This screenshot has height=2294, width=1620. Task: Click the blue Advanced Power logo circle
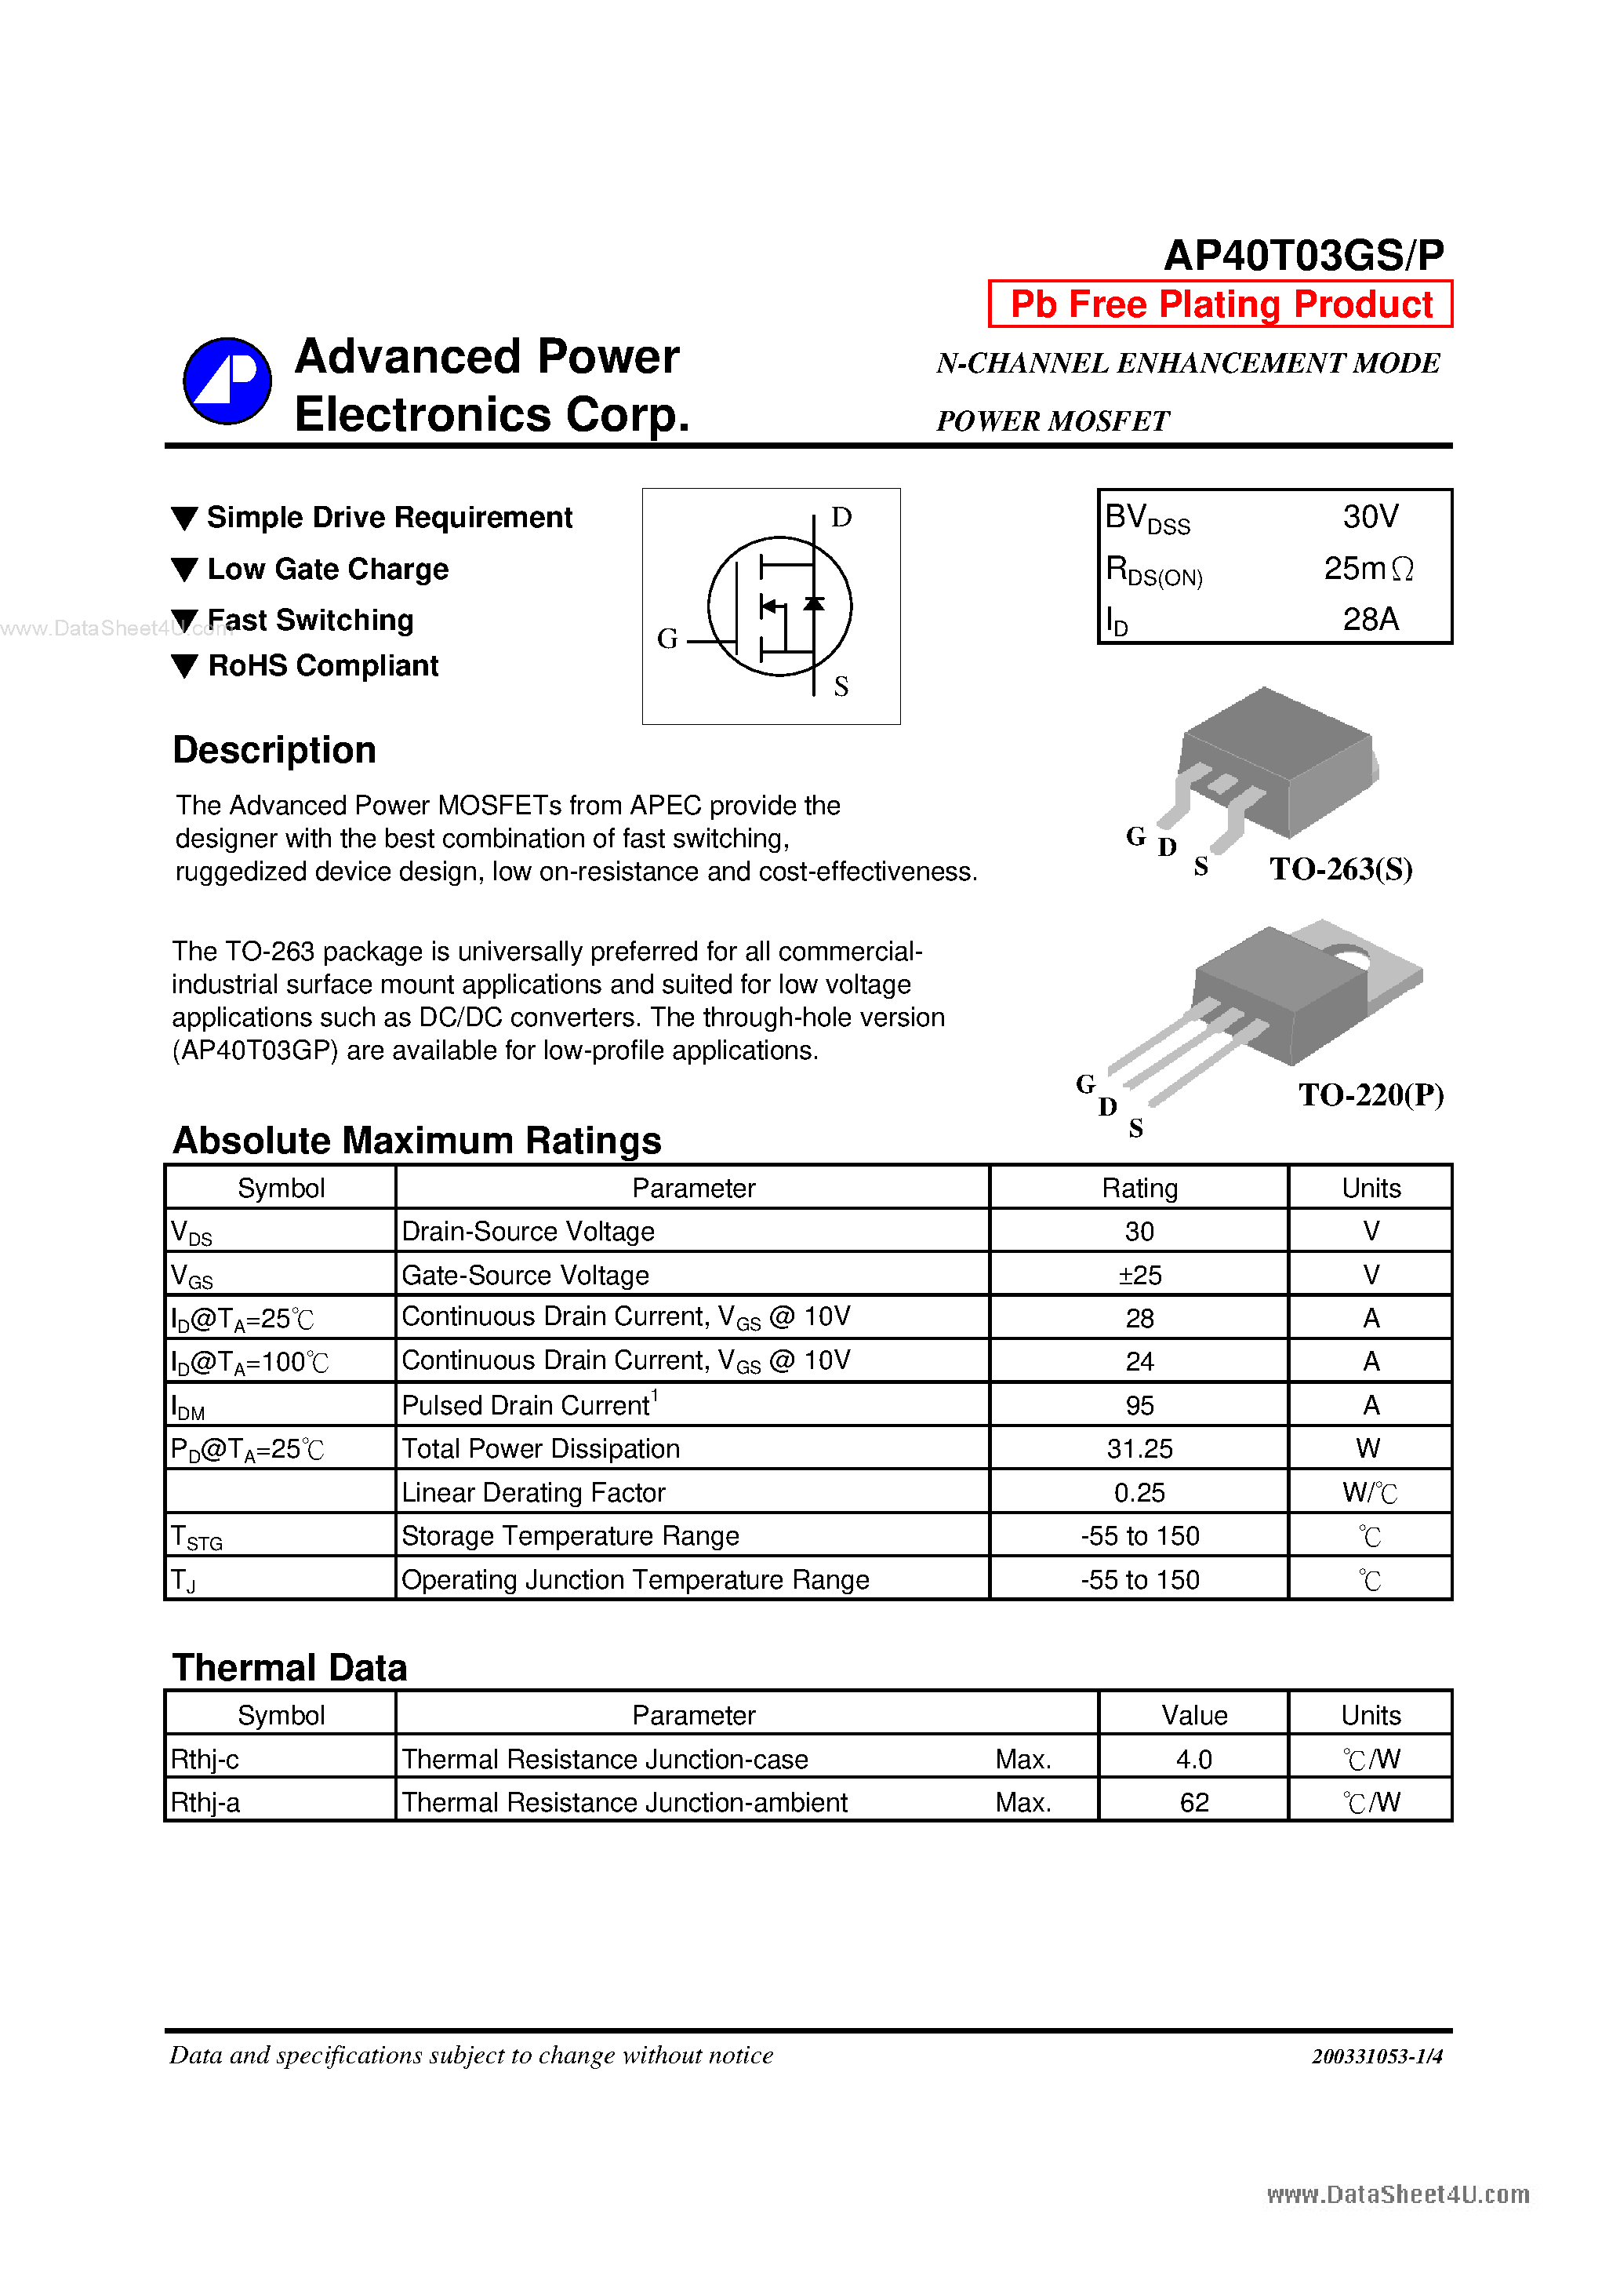(x=227, y=381)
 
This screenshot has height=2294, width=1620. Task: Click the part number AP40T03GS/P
(x=1303, y=255)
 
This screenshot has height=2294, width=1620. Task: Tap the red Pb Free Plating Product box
(x=1221, y=304)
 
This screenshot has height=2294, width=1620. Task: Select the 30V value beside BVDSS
(x=1371, y=516)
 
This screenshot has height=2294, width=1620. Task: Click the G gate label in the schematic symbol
(x=667, y=639)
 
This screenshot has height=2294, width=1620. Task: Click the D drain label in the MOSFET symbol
(x=841, y=518)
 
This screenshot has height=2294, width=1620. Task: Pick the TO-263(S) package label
(x=1340, y=869)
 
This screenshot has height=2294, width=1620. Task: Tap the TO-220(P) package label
(x=1371, y=1095)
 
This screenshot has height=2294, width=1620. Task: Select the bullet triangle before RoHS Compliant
(x=185, y=666)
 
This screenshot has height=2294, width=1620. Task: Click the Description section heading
(x=274, y=750)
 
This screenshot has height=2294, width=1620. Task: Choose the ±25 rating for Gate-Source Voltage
(x=1139, y=1275)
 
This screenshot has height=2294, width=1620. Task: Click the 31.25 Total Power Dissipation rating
(x=1139, y=1449)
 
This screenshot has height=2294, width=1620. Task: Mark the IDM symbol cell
(x=187, y=1407)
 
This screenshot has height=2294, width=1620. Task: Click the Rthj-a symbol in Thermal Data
(x=205, y=1802)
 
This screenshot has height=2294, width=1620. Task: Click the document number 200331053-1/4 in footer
(x=1376, y=2055)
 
